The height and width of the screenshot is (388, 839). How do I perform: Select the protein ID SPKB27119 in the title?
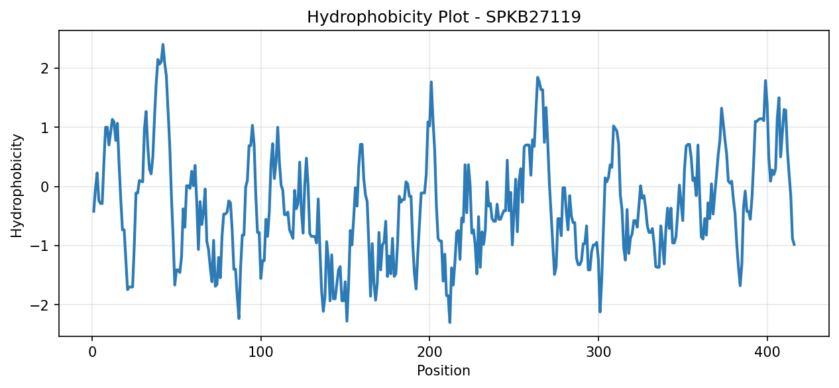point(533,17)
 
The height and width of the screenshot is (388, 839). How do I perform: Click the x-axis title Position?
point(443,370)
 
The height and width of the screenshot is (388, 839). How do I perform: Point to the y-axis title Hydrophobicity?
point(17,186)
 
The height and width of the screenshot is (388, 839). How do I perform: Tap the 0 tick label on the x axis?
point(92,352)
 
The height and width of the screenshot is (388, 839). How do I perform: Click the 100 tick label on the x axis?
point(260,352)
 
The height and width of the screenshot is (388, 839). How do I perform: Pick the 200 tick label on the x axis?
point(429,352)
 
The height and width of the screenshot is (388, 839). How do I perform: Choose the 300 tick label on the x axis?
point(598,352)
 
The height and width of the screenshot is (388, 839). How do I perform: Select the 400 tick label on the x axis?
point(767,352)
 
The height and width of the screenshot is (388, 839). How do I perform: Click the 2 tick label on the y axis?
point(45,68)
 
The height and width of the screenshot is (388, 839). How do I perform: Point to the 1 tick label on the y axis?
point(45,128)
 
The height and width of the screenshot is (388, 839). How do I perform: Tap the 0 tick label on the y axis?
point(45,187)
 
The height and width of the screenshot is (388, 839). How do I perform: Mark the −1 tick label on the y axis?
point(40,246)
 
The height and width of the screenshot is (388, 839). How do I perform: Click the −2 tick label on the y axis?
point(40,305)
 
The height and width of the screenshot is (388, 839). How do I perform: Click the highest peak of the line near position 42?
point(163,44)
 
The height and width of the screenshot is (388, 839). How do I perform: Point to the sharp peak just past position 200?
point(431,82)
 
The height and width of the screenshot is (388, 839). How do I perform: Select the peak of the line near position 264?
point(537,77)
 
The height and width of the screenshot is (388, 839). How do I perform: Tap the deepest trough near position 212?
point(450,322)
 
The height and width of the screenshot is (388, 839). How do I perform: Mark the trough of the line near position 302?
point(600,312)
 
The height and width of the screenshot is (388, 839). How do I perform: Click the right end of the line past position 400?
point(795,245)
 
